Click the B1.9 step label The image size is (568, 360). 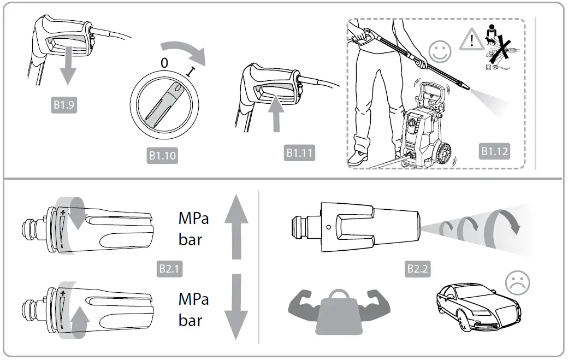64,105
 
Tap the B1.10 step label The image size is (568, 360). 163,156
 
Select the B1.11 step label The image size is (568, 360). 300,153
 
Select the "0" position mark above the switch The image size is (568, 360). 163,63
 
